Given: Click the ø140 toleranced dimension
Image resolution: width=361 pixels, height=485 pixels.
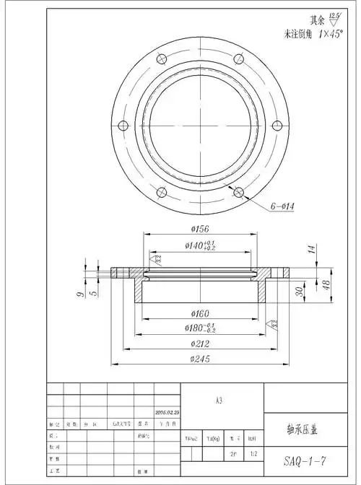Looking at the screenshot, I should click(201, 245).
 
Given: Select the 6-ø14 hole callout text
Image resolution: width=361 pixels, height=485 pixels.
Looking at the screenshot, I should click(287, 206).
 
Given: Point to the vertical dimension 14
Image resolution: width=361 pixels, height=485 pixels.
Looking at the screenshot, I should click(311, 250).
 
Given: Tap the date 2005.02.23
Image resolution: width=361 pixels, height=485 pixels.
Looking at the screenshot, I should click(167, 413).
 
